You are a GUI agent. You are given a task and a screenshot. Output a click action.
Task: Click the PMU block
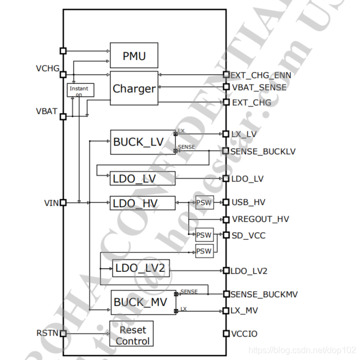[134, 55]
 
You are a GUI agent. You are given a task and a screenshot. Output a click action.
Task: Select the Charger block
[134, 88]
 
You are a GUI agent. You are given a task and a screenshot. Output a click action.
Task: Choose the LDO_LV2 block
[141, 269]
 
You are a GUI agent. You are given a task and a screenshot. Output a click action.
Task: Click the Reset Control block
[132, 335]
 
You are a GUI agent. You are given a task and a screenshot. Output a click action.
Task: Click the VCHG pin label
[48, 69]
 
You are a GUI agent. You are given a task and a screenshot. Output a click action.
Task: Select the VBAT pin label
[47, 111]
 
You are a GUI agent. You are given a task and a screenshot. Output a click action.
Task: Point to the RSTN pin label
[48, 333]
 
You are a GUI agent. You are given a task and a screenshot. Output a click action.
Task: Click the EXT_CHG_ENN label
[261, 75]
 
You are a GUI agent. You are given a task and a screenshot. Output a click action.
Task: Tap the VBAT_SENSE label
[259, 87]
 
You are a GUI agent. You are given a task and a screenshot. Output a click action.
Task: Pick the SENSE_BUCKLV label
[263, 151]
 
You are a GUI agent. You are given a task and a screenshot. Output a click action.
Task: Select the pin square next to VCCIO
[226, 334]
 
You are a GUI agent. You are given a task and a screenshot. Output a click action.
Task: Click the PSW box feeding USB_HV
[204, 203]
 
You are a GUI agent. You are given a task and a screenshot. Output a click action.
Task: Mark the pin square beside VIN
[63, 202]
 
